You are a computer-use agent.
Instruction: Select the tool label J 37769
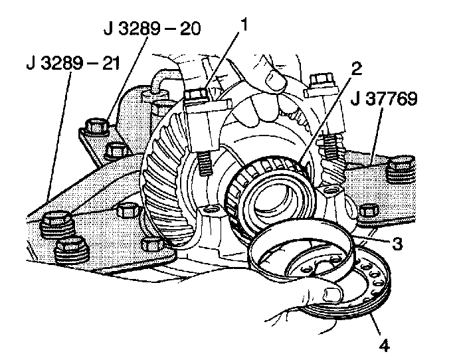click(385, 101)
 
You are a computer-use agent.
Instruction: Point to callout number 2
click(356, 68)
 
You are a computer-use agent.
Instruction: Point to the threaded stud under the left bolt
click(203, 167)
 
